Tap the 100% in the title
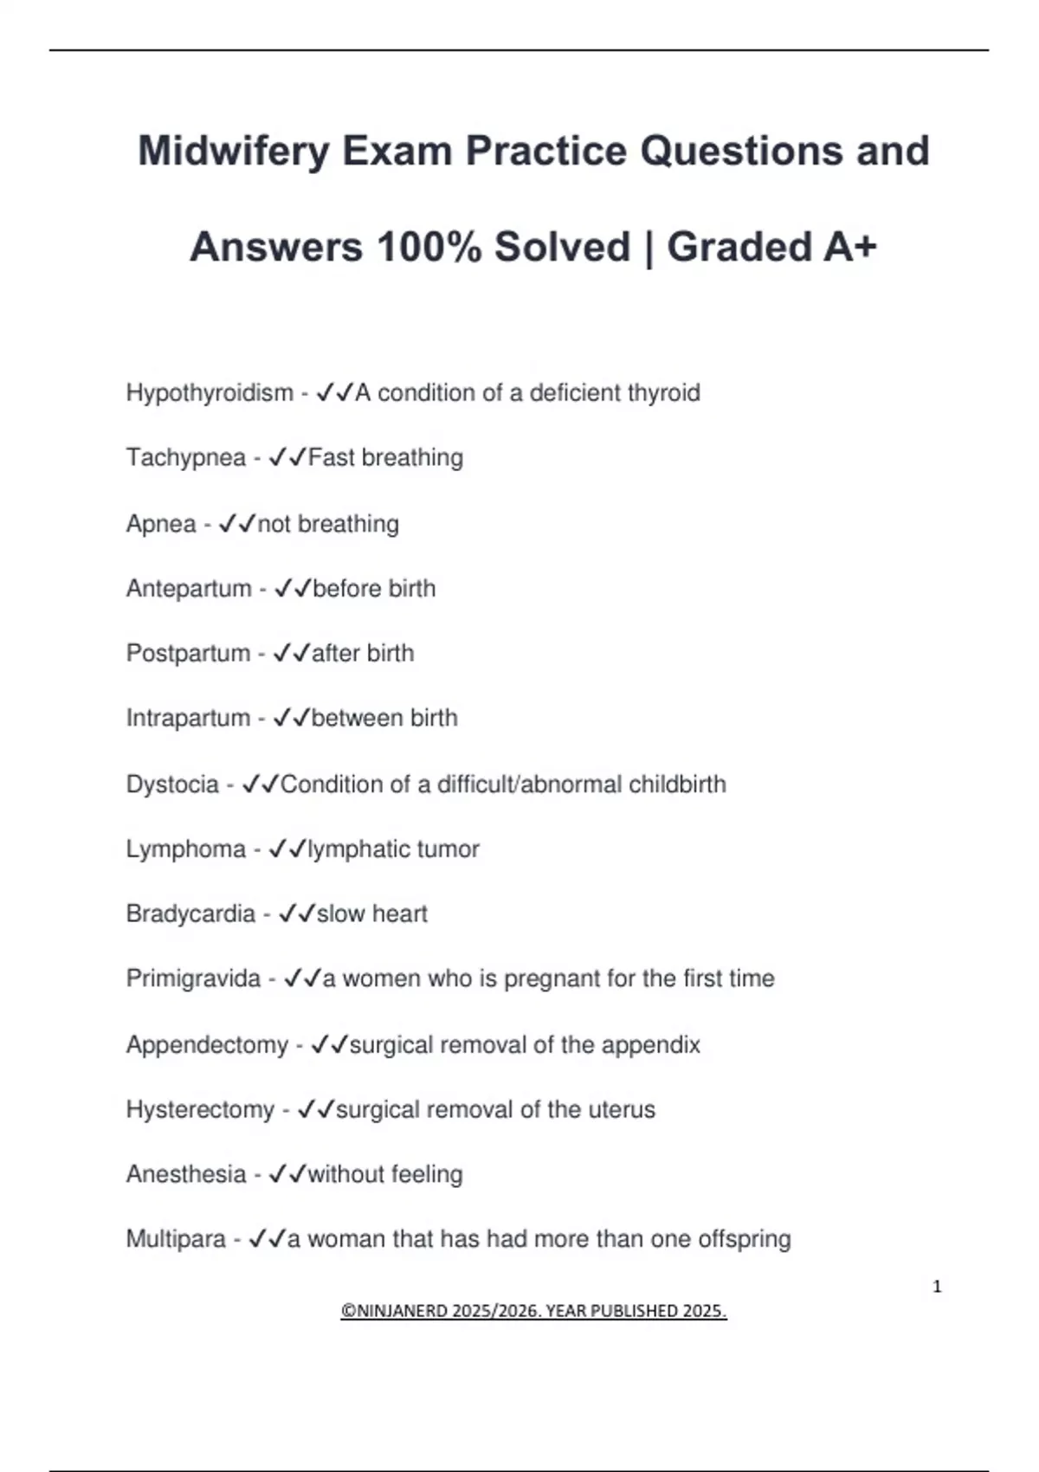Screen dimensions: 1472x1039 point(429,248)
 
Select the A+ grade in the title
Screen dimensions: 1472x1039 point(850,248)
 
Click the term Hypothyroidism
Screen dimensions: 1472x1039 point(210,393)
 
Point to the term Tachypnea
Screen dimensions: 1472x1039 point(185,457)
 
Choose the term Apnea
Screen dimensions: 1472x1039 point(161,524)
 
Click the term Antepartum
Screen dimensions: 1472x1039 point(189,589)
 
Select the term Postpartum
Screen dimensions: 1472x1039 point(188,653)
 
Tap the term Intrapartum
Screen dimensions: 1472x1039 point(188,718)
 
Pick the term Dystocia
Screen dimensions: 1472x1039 point(172,784)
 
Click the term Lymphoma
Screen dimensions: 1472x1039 point(185,849)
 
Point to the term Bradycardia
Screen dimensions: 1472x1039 point(190,914)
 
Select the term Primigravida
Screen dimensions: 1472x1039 point(193,978)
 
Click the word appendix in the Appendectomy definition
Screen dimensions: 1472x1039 point(650,1045)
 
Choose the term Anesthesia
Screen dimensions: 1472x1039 point(186,1174)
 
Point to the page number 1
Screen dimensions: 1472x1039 point(937,1287)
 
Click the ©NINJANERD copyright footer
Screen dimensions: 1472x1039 point(533,1311)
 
